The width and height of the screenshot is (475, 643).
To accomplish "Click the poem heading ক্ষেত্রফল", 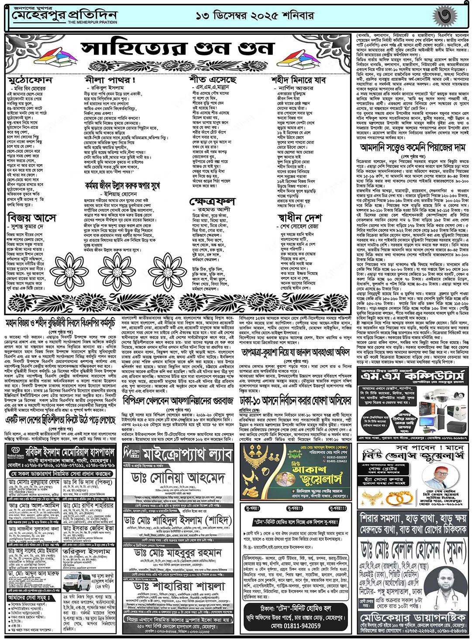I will [x=212, y=202].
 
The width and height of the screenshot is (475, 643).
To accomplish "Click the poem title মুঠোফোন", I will [x=30, y=80].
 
